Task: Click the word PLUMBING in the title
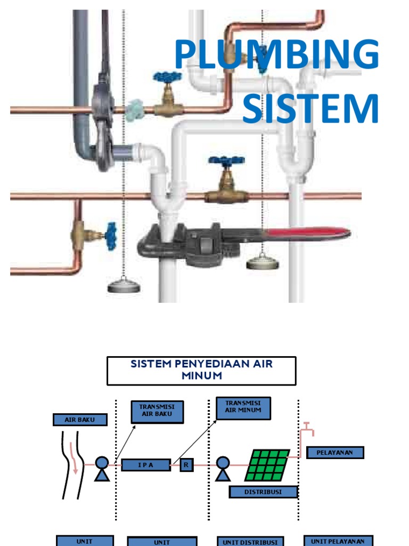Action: pyautogui.click(x=276, y=55)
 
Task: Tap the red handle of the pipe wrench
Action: pyautogui.click(x=309, y=234)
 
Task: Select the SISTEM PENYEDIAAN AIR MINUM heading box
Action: pyautogui.click(x=201, y=371)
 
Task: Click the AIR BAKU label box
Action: pyautogui.click(x=80, y=420)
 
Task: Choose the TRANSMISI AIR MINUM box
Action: pyautogui.click(x=243, y=408)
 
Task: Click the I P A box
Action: pyautogui.click(x=146, y=465)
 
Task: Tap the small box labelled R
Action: pyautogui.click(x=186, y=465)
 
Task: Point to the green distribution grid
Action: pyautogui.click(x=267, y=464)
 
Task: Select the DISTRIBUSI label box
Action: pyautogui.click(x=263, y=492)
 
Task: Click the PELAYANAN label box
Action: pyautogui.click(x=335, y=453)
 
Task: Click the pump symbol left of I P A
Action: pyautogui.click(x=102, y=468)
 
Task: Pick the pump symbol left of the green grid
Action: pyautogui.click(x=223, y=468)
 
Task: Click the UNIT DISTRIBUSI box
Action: pyautogui.click(x=250, y=541)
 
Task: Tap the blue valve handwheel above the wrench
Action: pyautogui.click(x=226, y=160)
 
